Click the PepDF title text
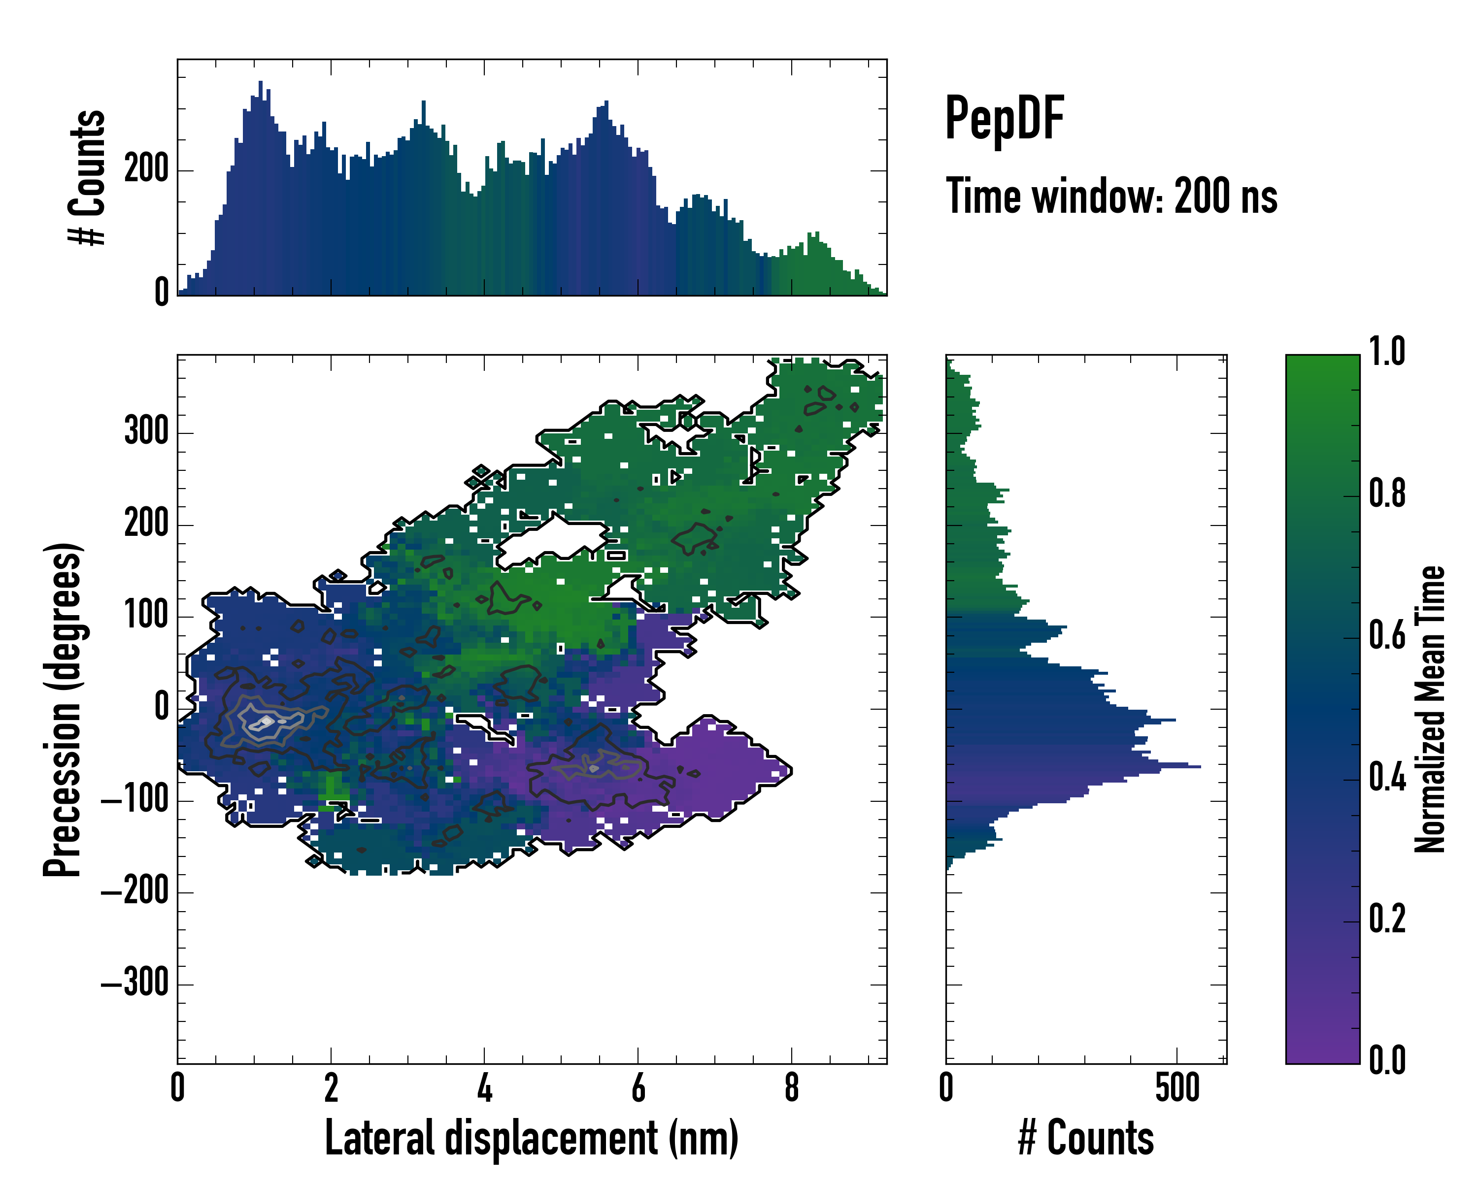pos(1004,119)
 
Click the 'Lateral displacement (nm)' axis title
pos(531,1139)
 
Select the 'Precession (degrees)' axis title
pos(63,709)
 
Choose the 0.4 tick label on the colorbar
pos(1387,779)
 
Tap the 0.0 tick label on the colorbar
pos(1387,1060)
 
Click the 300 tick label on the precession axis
pos(146,432)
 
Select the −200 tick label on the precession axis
pos(134,891)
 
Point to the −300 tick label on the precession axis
pos(134,984)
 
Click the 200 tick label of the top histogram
pos(146,169)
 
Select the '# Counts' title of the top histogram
pos(88,177)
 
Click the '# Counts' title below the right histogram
pos(1086,1139)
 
